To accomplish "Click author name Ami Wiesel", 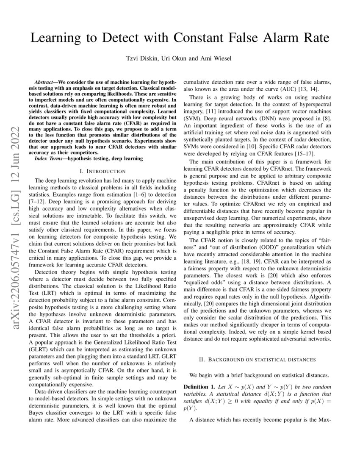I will click(x=216, y=58).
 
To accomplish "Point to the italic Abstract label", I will click(x=44, y=80).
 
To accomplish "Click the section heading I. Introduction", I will click(x=102, y=171).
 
